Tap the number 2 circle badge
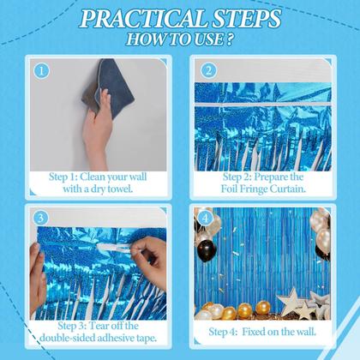pos(207,70)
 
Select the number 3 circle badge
pos(39,218)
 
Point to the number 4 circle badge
pos(206,218)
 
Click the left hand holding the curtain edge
pos(38,266)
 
